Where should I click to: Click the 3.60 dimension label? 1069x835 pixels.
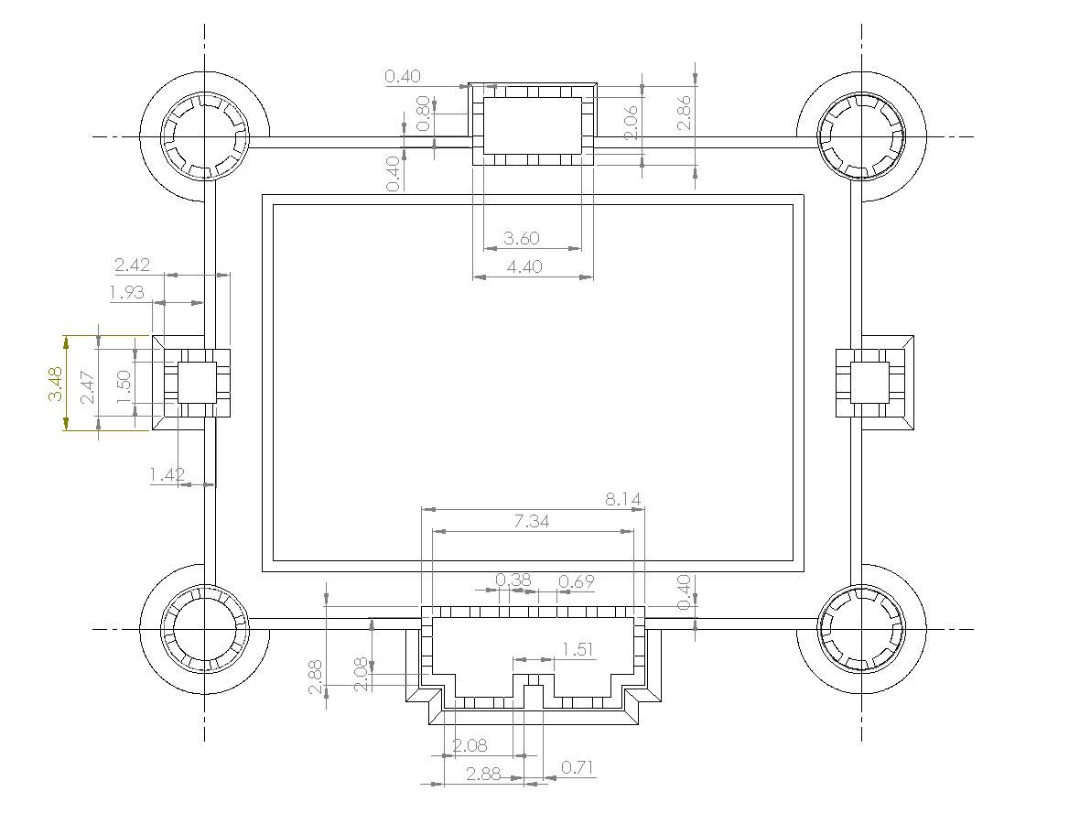click(x=522, y=238)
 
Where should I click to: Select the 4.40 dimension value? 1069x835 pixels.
click(x=524, y=266)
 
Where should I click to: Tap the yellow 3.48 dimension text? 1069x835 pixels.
click(x=55, y=383)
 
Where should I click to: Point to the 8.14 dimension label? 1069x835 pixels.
click(x=622, y=499)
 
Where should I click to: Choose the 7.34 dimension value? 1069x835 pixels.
click(x=532, y=521)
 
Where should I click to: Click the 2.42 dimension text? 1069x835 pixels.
click(x=133, y=266)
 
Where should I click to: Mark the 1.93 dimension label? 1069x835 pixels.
click(x=126, y=292)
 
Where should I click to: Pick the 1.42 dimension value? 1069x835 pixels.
click(x=167, y=474)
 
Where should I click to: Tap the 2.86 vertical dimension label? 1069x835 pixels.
click(x=684, y=113)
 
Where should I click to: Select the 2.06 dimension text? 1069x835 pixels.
click(x=630, y=122)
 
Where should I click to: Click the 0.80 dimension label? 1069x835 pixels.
click(x=423, y=111)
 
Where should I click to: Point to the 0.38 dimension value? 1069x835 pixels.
click(x=513, y=580)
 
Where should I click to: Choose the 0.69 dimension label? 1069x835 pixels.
click(x=576, y=581)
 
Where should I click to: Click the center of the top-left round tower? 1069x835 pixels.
click(x=204, y=136)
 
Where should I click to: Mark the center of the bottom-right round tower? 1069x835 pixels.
click(x=861, y=628)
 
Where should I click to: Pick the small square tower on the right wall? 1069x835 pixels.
click(x=869, y=382)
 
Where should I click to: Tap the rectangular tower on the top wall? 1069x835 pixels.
click(x=533, y=125)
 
